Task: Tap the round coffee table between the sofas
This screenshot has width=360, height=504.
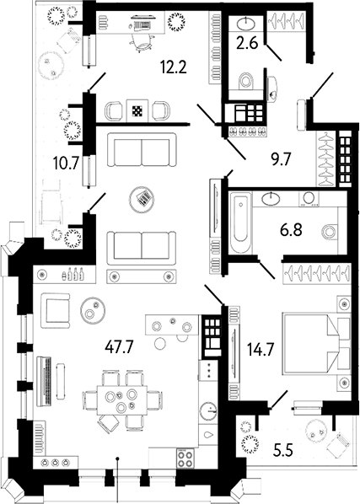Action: coord(142,198)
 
